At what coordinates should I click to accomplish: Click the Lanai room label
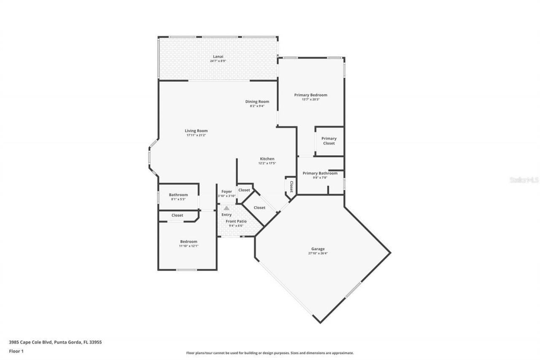click(218, 57)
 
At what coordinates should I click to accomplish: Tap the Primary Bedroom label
click(310, 95)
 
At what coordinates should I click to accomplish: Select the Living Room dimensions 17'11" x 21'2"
click(196, 135)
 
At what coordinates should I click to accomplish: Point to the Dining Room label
click(257, 101)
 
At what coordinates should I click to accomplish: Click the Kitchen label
click(267, 159)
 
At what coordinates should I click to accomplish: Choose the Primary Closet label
click(329, 141)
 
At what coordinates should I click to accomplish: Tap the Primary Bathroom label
click(320, 173)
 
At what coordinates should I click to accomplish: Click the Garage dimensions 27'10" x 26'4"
click(319, 254)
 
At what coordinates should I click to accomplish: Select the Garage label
click(319, 249)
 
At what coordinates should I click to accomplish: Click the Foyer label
click(227, 192)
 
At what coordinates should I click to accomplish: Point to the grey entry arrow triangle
click(227, 208)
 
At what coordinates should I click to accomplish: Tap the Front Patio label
click(236, 221)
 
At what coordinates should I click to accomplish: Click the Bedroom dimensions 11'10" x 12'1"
click(189, 246)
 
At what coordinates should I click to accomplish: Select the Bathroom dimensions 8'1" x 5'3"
click(178, 199)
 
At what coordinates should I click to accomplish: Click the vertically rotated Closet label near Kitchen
click(291, 187)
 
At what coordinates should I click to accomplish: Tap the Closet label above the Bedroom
click(177, 215)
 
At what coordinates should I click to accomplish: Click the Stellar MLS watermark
click(524, 180)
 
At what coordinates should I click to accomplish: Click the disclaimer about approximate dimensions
click(270, 353)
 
